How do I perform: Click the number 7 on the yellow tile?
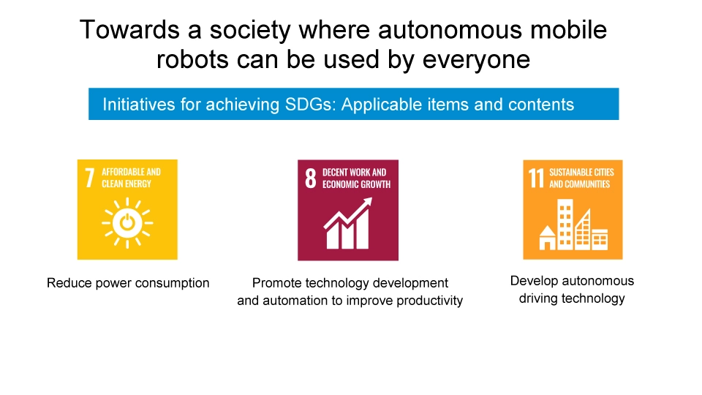(90, 177)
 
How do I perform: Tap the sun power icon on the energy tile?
(127, 223)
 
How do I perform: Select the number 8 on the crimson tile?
(311, 178)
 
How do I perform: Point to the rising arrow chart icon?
(347, 224)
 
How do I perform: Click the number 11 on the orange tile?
(537, 178)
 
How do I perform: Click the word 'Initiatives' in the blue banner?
(139, 104)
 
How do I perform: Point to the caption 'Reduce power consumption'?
(128, 283)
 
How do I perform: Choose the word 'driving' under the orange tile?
(542, 298)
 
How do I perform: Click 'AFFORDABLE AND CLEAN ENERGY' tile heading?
(131, 178)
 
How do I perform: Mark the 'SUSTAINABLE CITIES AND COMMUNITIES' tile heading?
(581, 178)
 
